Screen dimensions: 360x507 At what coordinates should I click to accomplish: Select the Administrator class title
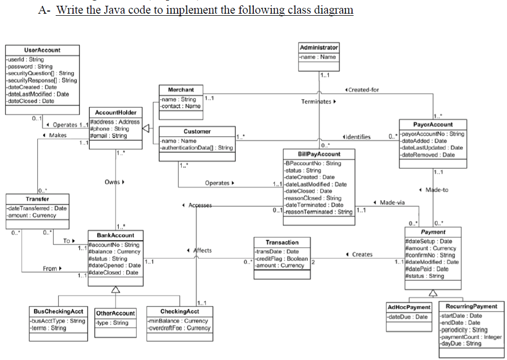(319, 47)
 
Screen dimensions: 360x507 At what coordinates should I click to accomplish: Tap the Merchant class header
(180, 90)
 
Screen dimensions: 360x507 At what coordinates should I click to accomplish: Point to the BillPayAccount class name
(319, 155)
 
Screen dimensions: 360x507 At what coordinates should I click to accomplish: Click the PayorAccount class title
(433, 125)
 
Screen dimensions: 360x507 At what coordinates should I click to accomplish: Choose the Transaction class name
(282, 242)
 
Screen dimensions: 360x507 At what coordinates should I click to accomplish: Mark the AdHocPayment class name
(408, 307)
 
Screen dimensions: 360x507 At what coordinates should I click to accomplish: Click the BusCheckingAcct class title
(58, 312)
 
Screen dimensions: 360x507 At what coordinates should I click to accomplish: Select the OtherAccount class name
(116, 313)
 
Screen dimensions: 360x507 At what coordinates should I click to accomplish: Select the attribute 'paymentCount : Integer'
(471, 337)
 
